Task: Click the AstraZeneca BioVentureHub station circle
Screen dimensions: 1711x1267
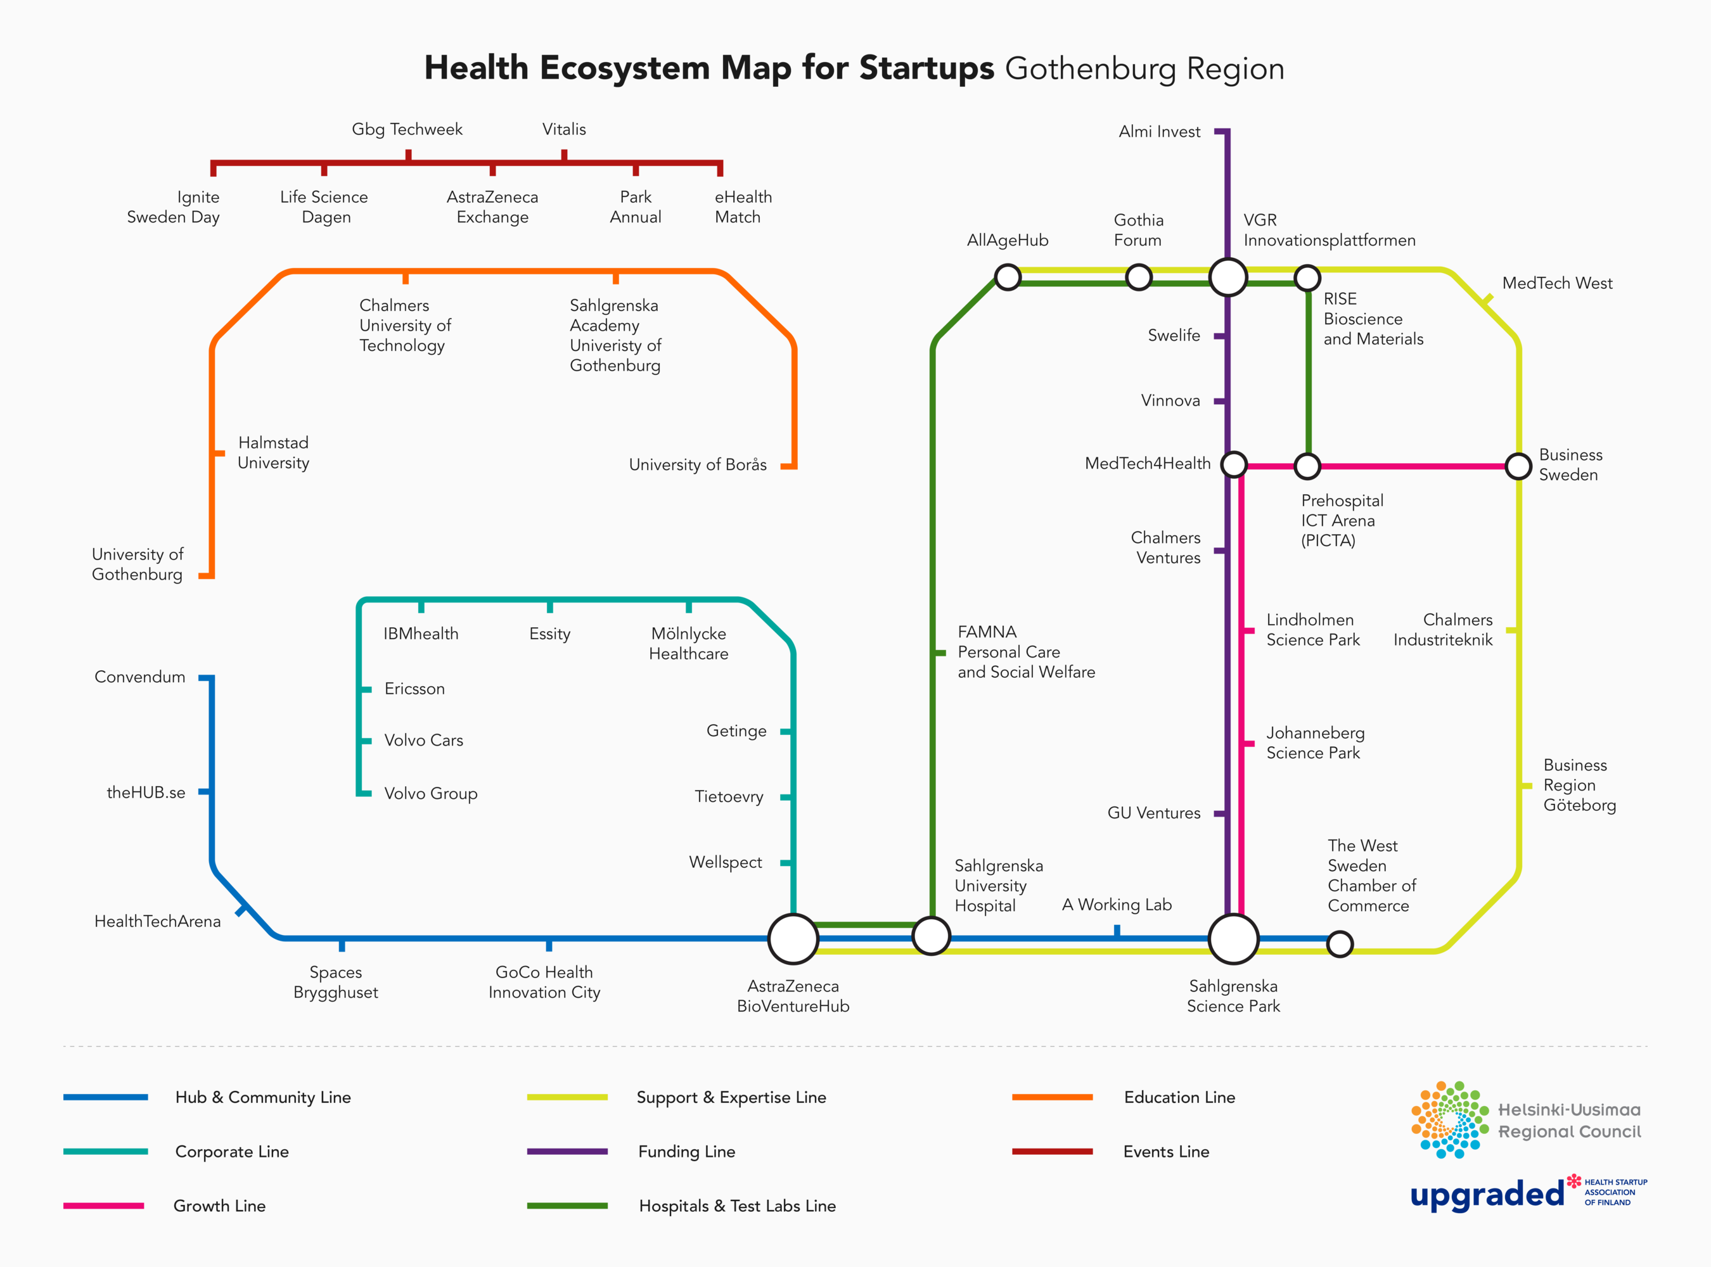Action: point(793,938)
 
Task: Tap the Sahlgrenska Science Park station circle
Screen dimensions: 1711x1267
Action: point(1233,938)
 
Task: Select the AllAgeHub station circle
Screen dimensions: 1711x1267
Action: point(1008,277)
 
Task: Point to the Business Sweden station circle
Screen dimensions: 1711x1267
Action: point(1518,466)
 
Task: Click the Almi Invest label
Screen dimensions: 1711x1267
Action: point(1158,132)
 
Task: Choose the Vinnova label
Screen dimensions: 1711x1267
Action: point(1170,400)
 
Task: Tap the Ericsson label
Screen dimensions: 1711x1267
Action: point(414,689)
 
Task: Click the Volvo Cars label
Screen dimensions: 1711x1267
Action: point(423,740)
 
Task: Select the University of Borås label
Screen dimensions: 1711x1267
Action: point(698,465)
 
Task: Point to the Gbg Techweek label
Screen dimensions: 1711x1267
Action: point(407,129)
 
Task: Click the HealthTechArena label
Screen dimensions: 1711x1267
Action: point(157,921)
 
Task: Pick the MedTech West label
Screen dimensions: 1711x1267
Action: point(1557,283)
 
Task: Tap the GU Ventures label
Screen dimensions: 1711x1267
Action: point(1153,813)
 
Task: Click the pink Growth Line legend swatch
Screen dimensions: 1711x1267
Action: point(103,1206)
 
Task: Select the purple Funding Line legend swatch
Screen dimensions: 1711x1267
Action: point(567,1151)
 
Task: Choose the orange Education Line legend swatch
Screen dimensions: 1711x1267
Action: point(1052,1097)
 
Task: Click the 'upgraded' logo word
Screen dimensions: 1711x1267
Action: point(1486,1194)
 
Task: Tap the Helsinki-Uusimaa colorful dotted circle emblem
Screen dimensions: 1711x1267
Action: point(1449,1120)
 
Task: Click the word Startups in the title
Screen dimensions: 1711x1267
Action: point(926,68)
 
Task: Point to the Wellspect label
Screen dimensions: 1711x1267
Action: point(725,862)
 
